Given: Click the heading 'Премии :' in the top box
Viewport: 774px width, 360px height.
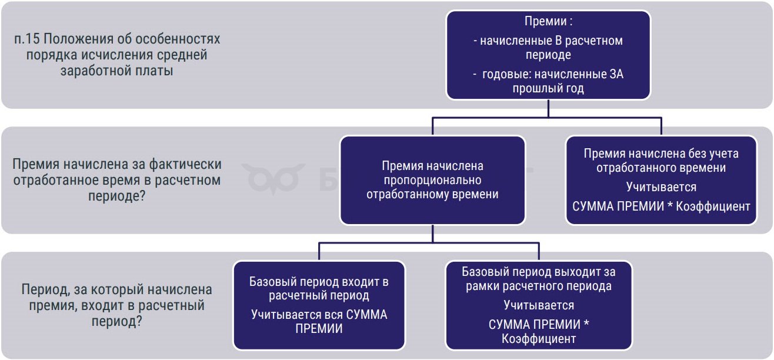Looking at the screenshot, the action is click(548, 21).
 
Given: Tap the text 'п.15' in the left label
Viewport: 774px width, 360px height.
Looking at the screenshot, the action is click(27, 39).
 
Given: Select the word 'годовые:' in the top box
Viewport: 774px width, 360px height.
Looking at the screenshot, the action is click(506, 74).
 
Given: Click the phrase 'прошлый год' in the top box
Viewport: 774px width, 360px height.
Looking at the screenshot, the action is click(548, 88).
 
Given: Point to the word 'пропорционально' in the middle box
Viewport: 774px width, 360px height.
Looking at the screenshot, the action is click(432, 180).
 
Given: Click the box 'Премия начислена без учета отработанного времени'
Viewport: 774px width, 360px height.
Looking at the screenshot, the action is click(661, 180).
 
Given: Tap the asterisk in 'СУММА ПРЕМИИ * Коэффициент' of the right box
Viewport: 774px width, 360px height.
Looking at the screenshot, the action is click(670, 205).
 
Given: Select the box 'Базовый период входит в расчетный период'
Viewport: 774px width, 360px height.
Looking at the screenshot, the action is click(319, 305).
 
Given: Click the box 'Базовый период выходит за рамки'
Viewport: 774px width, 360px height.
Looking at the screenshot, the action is click(539, 305).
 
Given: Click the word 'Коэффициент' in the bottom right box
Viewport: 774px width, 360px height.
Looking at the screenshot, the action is click(539, 339).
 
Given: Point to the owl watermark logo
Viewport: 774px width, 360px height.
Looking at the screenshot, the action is click(273, 179).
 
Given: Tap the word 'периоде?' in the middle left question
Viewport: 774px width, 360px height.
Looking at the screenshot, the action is click(117, 196).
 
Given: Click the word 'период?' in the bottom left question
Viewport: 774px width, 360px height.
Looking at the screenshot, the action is click(117, 322).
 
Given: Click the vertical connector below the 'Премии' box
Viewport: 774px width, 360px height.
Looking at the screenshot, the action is click(548, 108).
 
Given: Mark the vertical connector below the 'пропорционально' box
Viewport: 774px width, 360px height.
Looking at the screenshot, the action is click(432, 234).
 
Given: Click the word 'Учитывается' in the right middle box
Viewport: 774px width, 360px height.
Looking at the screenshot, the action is click(661, 187).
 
